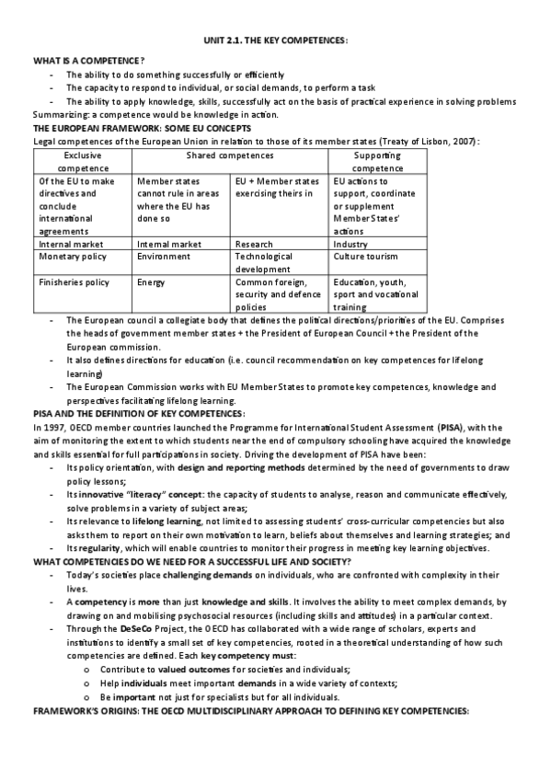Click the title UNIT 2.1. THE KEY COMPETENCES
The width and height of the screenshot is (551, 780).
[276, 41]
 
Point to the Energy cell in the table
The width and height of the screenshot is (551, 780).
[151, 282]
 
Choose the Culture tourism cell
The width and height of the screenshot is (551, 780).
[368, 257]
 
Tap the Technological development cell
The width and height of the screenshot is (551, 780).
[263, 263]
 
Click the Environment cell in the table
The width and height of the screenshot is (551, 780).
[164, 257]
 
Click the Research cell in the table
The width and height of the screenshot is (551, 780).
[254, 245]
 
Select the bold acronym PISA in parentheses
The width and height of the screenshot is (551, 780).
[452, 427]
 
